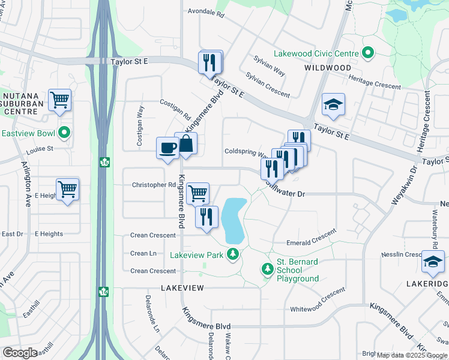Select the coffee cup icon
167,148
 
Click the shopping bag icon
186,143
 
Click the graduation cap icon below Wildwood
333,104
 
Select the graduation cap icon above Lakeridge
433,261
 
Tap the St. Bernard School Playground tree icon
267,271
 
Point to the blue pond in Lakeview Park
233,220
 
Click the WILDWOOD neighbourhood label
327,68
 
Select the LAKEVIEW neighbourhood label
182,288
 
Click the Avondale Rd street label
205,11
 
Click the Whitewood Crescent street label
318,301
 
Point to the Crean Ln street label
143,254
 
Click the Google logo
20,352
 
